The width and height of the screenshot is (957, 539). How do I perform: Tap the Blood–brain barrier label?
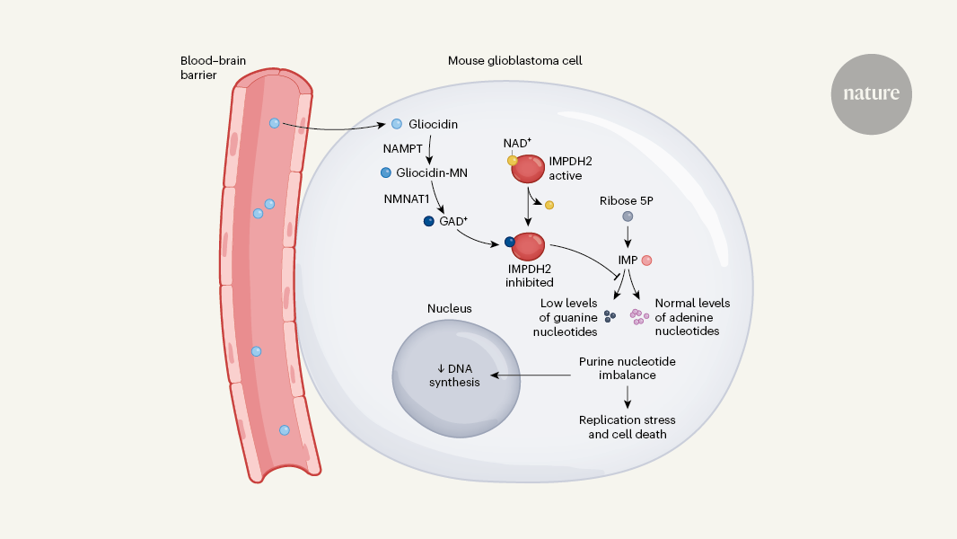213,68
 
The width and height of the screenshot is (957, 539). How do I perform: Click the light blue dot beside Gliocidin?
396,124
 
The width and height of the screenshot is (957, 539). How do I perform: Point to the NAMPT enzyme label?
401,148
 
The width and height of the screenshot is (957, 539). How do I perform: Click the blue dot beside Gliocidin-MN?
386,172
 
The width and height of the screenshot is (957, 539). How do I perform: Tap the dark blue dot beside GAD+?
428,219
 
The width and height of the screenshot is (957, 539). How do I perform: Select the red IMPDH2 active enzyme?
529,168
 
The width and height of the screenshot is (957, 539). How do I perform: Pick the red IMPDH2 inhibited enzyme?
528,245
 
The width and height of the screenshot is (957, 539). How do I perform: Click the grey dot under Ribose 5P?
628,217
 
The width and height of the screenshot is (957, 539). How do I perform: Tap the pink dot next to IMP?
646,261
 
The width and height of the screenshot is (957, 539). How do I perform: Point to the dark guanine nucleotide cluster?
610,316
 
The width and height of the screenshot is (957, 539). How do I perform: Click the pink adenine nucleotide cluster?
639,316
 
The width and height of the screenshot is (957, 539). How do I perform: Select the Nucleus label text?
450,308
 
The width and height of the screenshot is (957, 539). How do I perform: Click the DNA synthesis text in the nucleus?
453,375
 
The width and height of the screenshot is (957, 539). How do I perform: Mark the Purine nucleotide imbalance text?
627,367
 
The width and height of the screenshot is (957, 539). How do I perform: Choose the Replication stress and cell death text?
628,427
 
